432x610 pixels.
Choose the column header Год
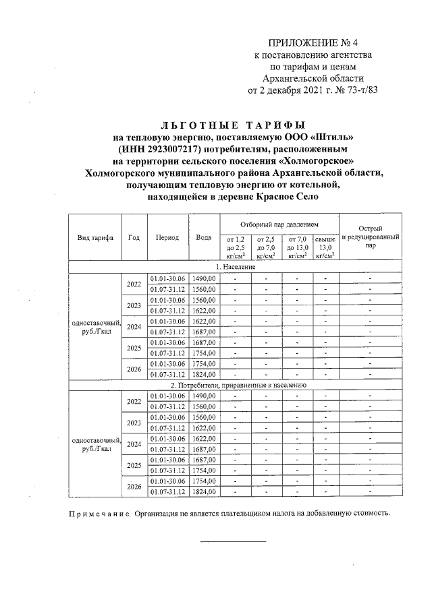click(x=134, y=238)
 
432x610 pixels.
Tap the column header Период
click(x=167, y=238)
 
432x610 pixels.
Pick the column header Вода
click(x=203, y=238)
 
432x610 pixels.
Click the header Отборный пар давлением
click(x=279, y=223)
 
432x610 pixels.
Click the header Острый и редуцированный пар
click(x=371, y=238)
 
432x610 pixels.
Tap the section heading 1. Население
click(x=236, y=267)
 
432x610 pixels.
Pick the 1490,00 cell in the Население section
click(x=203, y=278)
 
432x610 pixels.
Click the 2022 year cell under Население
click(x=134, y=283)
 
